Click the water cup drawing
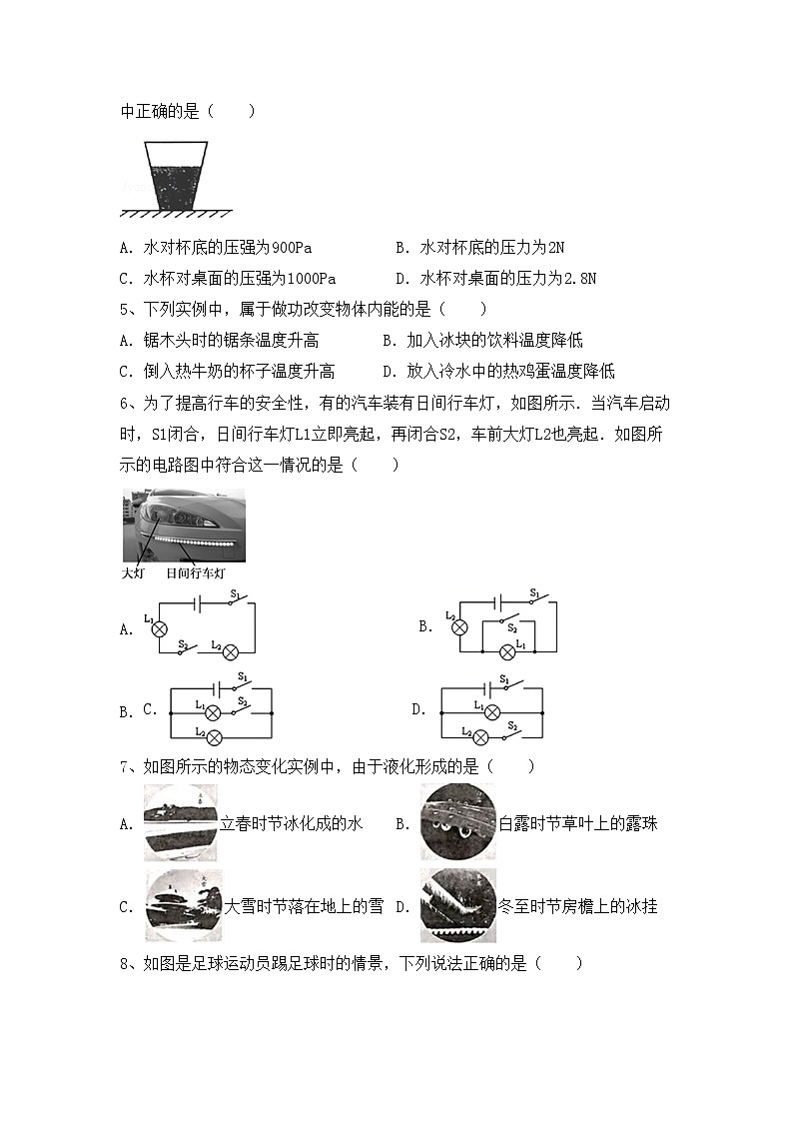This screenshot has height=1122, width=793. point(177,175)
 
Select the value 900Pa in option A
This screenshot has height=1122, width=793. point(292,248)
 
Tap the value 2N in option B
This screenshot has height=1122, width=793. point(556,248)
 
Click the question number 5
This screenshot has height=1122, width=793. point(124,310)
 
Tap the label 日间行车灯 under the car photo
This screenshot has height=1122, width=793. point(196,573)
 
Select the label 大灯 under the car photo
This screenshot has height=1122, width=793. point(133,573)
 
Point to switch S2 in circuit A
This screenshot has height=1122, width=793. point(187,647)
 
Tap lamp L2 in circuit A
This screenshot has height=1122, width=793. point(230,651)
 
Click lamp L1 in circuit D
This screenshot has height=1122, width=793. point(479,712)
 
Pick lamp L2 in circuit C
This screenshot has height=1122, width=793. point(213,737)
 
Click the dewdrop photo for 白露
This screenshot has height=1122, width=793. point(457,822)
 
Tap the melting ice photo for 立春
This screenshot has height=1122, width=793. point(181,822)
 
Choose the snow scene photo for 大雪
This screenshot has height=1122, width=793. point(184,905)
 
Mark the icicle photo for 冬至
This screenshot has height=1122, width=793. point(457,905)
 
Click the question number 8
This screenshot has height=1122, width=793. point(124,964)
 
